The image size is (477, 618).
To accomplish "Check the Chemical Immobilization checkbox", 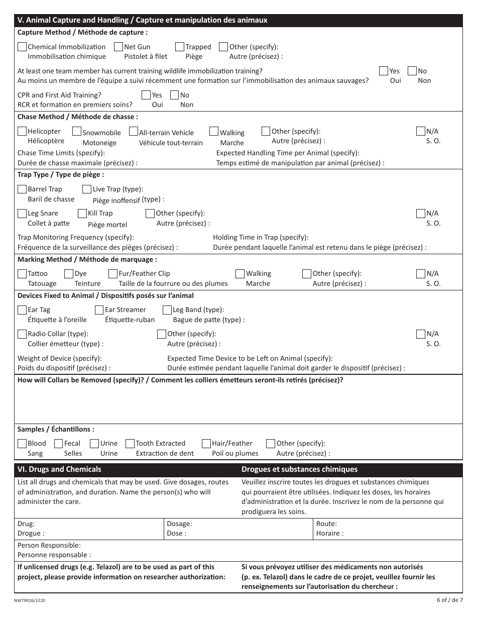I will [22, 47].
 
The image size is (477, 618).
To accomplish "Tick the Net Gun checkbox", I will [118, 47].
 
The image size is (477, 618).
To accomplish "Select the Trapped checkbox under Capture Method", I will [180, 47].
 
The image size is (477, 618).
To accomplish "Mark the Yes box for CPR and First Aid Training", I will [146, 95].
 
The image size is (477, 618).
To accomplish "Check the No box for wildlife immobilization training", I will [412, 71].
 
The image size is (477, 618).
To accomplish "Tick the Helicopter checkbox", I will [22, 131].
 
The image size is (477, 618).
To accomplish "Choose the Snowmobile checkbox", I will [77, 132].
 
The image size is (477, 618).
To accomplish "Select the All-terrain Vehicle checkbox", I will [134, 132].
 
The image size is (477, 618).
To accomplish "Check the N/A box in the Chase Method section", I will [421, 131].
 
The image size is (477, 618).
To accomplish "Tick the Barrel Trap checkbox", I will [22, 189].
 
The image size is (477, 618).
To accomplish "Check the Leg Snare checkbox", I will [22, 213].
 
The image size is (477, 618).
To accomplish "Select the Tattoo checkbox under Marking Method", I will [22, 273].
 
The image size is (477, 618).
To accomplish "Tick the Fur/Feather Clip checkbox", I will [113, 273].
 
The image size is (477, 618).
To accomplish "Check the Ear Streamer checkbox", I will [99, 310].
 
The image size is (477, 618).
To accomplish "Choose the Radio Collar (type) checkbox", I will [22, 334].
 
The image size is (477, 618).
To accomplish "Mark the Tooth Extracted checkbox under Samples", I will [130, 443].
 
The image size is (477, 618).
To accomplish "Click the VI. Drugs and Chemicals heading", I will [59, 469].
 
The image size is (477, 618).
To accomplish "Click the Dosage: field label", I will [179, 524].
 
